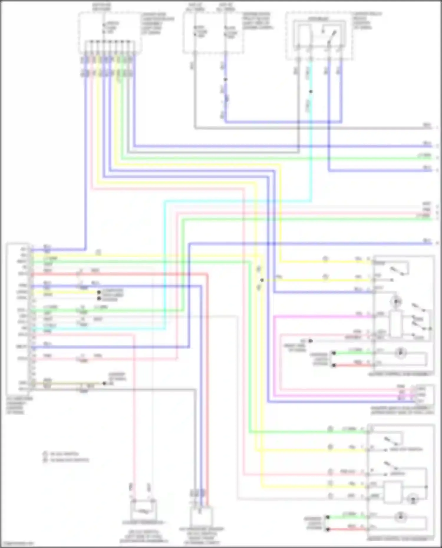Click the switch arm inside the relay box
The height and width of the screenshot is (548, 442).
333,36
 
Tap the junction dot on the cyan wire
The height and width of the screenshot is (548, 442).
311,92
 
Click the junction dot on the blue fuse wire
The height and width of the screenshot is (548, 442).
225,80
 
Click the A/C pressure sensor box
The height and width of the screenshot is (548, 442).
201,516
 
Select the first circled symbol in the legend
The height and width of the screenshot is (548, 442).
45,454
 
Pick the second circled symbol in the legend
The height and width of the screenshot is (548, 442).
45,460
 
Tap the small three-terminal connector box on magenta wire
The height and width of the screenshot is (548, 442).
425,395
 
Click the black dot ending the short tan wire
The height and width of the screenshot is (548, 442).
104,383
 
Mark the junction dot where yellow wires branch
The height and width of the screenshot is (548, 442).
262,280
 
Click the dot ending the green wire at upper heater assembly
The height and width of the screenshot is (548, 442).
334,353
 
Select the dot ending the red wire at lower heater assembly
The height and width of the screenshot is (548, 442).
327,529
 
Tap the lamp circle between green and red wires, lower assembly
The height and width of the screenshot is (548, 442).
400,516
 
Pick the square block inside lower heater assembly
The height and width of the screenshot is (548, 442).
393,492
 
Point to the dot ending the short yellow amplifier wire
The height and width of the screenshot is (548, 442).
99,292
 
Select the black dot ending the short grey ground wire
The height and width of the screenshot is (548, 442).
310,341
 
